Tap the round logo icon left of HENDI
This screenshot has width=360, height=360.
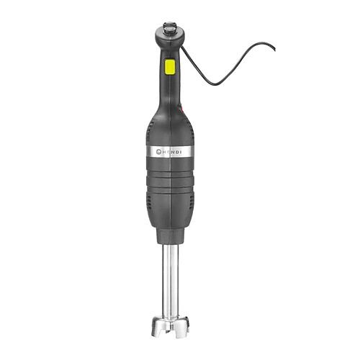(x=155, y=153)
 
